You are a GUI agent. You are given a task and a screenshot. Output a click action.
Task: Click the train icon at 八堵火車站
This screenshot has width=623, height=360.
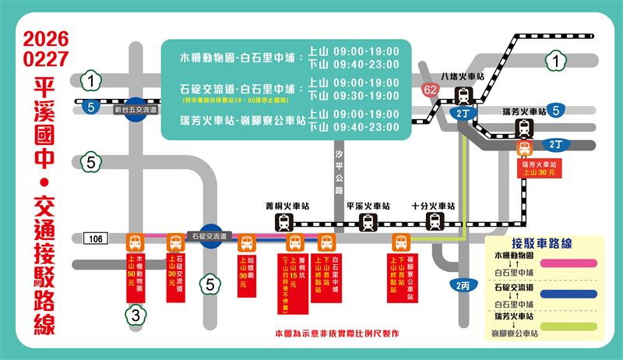464,97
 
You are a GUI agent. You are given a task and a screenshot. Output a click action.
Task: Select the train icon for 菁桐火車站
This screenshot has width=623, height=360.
282,223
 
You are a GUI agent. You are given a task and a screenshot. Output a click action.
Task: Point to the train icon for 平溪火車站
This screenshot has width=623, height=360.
366,223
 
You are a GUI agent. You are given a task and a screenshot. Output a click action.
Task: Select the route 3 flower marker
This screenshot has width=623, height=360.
135,315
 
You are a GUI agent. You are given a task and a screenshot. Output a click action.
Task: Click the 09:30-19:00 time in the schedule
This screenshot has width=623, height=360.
365,95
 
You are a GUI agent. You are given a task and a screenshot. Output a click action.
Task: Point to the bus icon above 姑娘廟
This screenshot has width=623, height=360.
247,242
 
